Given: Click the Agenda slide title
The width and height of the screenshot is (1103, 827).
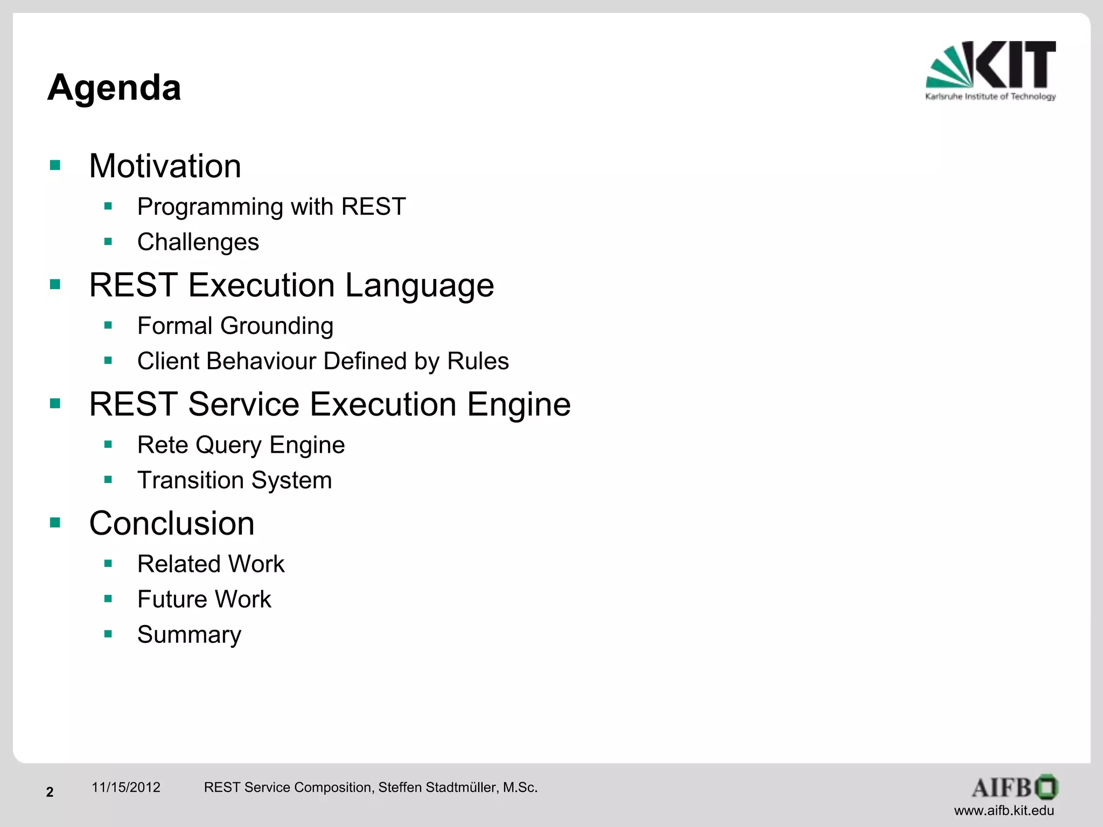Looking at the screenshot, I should tap(114, 87).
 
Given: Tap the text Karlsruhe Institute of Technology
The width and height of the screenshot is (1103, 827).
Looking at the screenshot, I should tap(990, 97).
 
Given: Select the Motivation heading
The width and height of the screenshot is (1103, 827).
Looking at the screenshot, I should tap(165, 166).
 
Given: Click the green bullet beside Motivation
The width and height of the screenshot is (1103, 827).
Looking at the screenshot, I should tap(55, 165).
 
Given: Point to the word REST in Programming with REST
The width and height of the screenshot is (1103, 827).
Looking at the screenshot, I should tap(373, 207).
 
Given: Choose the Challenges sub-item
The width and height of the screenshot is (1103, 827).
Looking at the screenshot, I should tap(198, 242).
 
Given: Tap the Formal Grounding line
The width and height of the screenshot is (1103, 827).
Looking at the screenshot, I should tap(235, 326).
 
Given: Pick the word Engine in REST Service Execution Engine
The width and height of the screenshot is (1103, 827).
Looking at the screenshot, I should tap(518, 404).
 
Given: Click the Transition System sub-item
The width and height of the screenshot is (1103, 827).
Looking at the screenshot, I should tap(234, 480).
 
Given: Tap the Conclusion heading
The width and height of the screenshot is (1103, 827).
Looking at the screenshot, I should tap(172, 523).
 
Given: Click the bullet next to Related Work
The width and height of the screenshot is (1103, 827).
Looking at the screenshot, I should tap(108, 564).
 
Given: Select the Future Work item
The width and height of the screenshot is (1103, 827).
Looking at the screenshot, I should tap(204, 599).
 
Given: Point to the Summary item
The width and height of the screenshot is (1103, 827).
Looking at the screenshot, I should tap(189, 635).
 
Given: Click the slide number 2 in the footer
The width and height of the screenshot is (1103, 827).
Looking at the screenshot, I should tap(50, 792).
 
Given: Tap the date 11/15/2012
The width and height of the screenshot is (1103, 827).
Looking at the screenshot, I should tap(126, 788).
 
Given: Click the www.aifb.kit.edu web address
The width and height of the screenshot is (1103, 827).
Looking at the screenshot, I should tap(1004, 810).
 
